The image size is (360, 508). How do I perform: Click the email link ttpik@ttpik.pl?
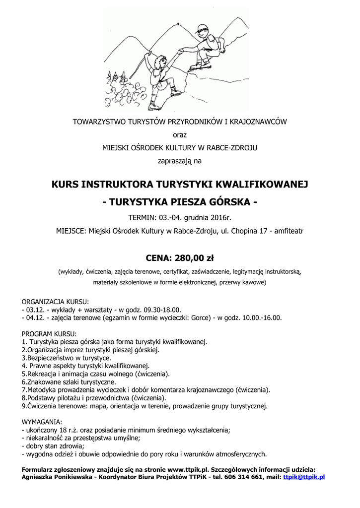303,477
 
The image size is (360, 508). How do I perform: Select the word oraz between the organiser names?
180,134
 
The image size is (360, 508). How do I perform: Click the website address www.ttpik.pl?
188,469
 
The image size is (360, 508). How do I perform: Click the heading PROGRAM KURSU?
49,333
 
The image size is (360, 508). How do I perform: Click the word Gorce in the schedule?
197,318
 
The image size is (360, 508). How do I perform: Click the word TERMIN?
143,218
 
